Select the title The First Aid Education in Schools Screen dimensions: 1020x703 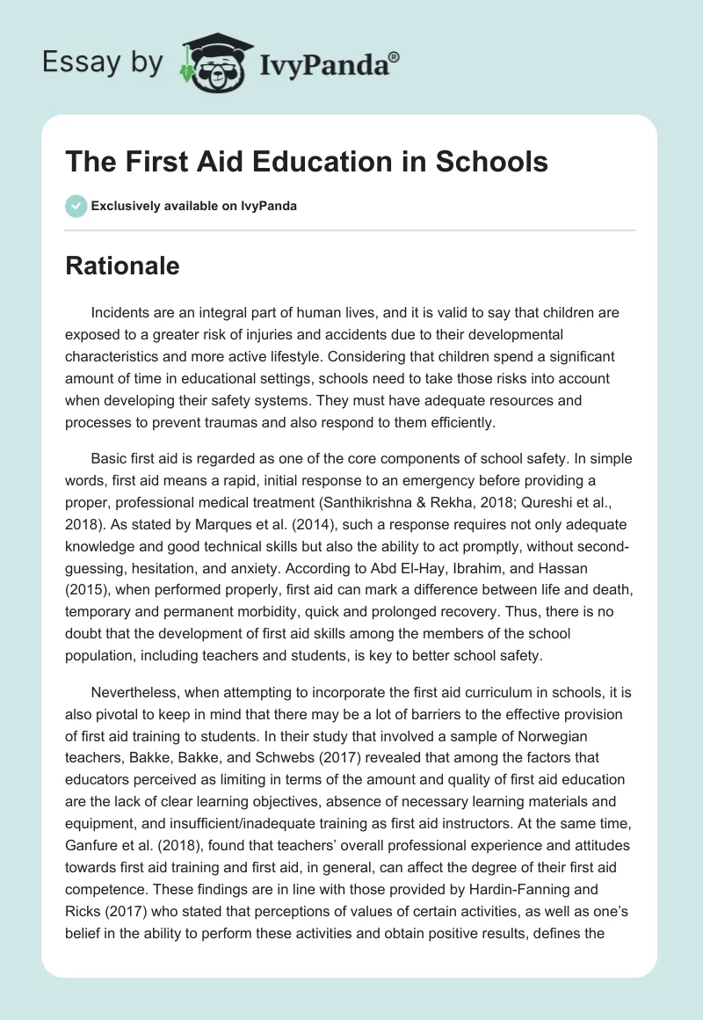coord(307,163)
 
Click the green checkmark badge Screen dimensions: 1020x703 coord(76,206)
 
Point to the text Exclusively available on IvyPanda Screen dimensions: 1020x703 coord(194,206)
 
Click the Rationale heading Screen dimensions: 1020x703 coord(122,266)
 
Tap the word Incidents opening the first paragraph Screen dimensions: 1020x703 coord(120,313)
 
